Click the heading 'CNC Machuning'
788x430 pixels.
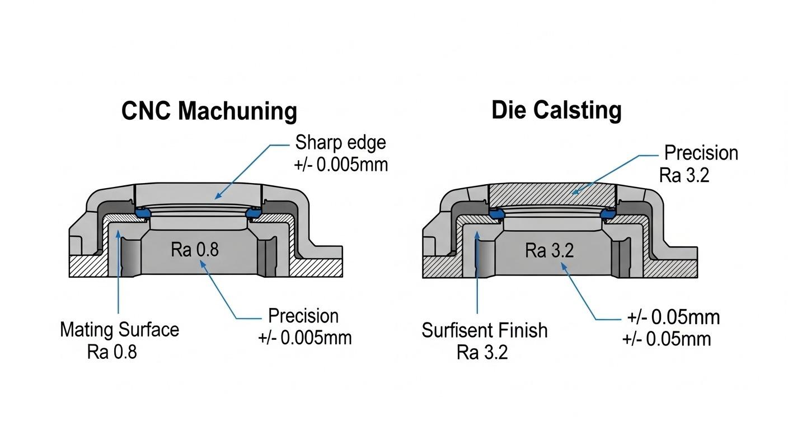point(209,111)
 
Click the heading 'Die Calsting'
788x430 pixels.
point(556,110)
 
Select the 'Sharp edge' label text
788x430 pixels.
point(341,142)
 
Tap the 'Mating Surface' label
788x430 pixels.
point(119,329)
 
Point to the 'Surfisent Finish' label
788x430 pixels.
point(484,330)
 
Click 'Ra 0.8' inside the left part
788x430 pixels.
point(195,250)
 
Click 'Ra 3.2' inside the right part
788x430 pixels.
point(550,250)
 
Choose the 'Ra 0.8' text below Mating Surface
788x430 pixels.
point(112,352)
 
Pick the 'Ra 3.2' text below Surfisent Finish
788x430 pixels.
point(482,353)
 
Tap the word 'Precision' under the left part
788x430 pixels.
point(303,316)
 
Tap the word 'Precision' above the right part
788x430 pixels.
point(701,153)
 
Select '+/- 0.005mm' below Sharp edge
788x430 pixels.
point(341,165)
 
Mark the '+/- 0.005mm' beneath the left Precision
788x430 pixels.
point(304,338)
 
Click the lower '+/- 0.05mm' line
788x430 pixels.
point(666,339)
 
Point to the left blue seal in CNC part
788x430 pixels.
point(144,213)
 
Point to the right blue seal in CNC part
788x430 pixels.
point(254,213)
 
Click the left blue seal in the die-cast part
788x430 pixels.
point(496,213)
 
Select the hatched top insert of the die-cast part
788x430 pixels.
point(551,196)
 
